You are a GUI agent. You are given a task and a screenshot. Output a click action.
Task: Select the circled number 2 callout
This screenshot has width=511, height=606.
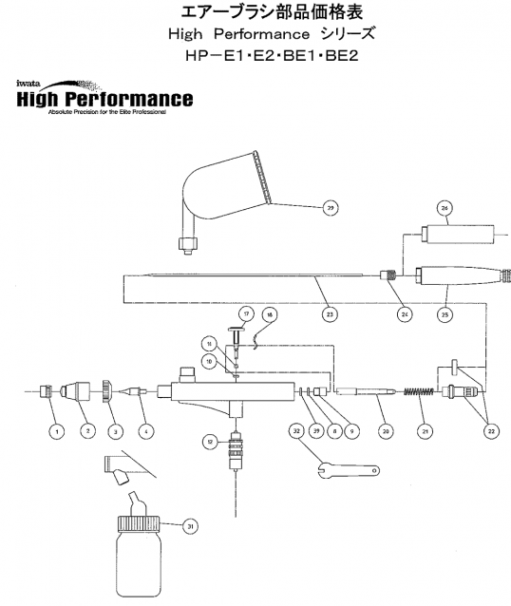86,430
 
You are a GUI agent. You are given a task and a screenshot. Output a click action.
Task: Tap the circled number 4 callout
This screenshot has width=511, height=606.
145,430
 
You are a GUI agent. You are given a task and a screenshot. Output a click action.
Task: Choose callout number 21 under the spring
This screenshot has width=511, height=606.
426,430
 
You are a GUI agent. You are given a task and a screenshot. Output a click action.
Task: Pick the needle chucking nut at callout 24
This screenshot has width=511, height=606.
388,275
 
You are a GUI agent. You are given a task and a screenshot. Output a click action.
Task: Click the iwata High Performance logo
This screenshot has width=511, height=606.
104,95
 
